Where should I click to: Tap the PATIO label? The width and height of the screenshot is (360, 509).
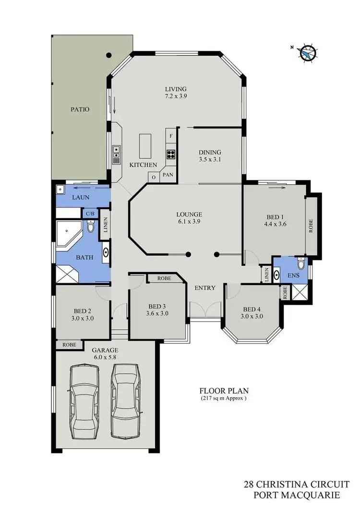coord(80,109)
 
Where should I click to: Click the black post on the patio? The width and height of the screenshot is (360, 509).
coord(109,55)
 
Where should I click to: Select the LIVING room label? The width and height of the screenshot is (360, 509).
coord(175,89)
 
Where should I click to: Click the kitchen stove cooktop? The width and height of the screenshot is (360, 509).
coord(171,154)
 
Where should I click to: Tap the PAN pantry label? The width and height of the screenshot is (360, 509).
coord(168,175)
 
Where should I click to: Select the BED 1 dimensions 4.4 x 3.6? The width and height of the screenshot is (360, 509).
coord(275,224)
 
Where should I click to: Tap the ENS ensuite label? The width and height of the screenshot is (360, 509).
coord(293,276)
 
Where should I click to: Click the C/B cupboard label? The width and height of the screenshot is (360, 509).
coord(90,213)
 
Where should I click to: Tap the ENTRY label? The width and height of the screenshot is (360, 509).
coord(204,288)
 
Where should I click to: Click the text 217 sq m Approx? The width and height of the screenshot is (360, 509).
coord(224,399)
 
